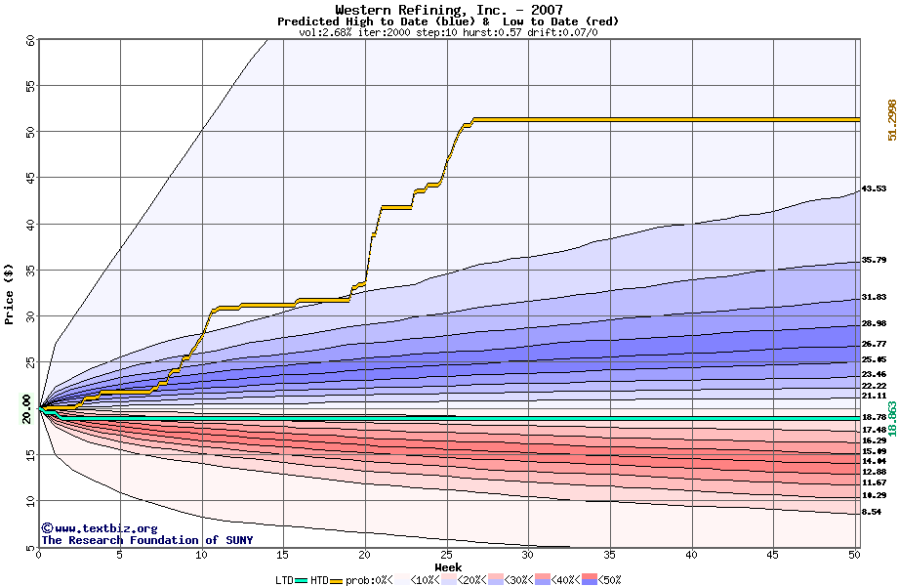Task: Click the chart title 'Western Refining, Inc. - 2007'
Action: (448, 10)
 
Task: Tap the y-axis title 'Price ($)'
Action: (10, 293)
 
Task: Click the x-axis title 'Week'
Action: (448, 566)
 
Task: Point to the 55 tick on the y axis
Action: (30, 87)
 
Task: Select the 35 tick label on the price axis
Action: (30, 271)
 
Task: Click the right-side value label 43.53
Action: (874, 188)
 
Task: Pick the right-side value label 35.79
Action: (874, 260)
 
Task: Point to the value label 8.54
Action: (872, 512)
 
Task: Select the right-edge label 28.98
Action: (874, 323)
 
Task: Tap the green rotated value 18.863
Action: (891, 410)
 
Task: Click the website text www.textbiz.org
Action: (92, 528)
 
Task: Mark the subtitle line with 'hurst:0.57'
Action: (448, 32)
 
